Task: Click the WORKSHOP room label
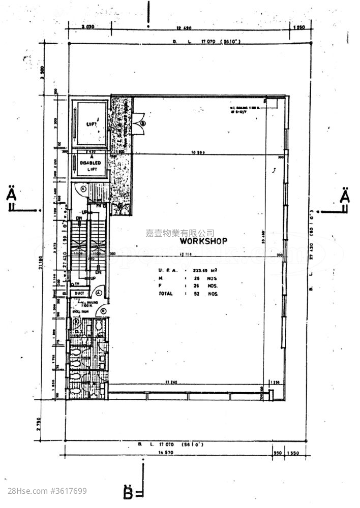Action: [203, 241]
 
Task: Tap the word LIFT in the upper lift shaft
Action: [91, 124]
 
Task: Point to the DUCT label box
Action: [79, 294]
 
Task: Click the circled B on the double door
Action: [143, 123]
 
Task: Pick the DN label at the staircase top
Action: [79, 218]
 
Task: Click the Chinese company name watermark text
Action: [179, 233]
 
